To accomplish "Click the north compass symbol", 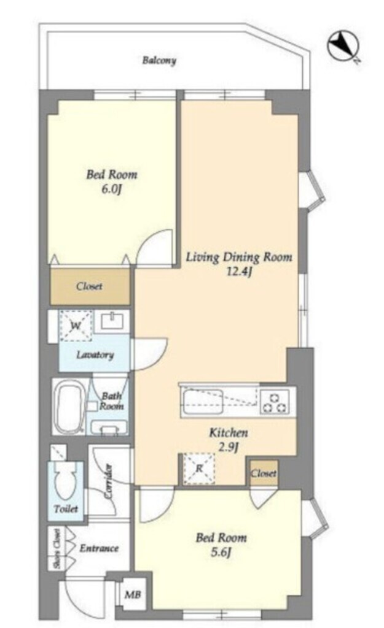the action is tap(343, 46).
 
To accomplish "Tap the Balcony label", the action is tap(159, 61).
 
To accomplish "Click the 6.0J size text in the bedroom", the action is tap(111, 189).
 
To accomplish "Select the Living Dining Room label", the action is tap(239, 257).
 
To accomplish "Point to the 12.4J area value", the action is tap(239, 272).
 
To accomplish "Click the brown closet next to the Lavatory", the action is tap(90, 286).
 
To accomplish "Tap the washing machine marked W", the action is tap(76, 326).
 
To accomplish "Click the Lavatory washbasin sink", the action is tap(113, 321).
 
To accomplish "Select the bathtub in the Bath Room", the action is tap(69, 408).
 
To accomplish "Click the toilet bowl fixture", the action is tap(66, 481).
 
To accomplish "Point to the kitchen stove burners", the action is tap(275, 402).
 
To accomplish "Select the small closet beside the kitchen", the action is tap(263, 473).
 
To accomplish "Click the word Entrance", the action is tap(99, 548).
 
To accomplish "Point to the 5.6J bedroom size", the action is tap(221, 553).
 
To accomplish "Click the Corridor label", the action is tap(108, 481).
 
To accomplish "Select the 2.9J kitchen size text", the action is tap(229, 447).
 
